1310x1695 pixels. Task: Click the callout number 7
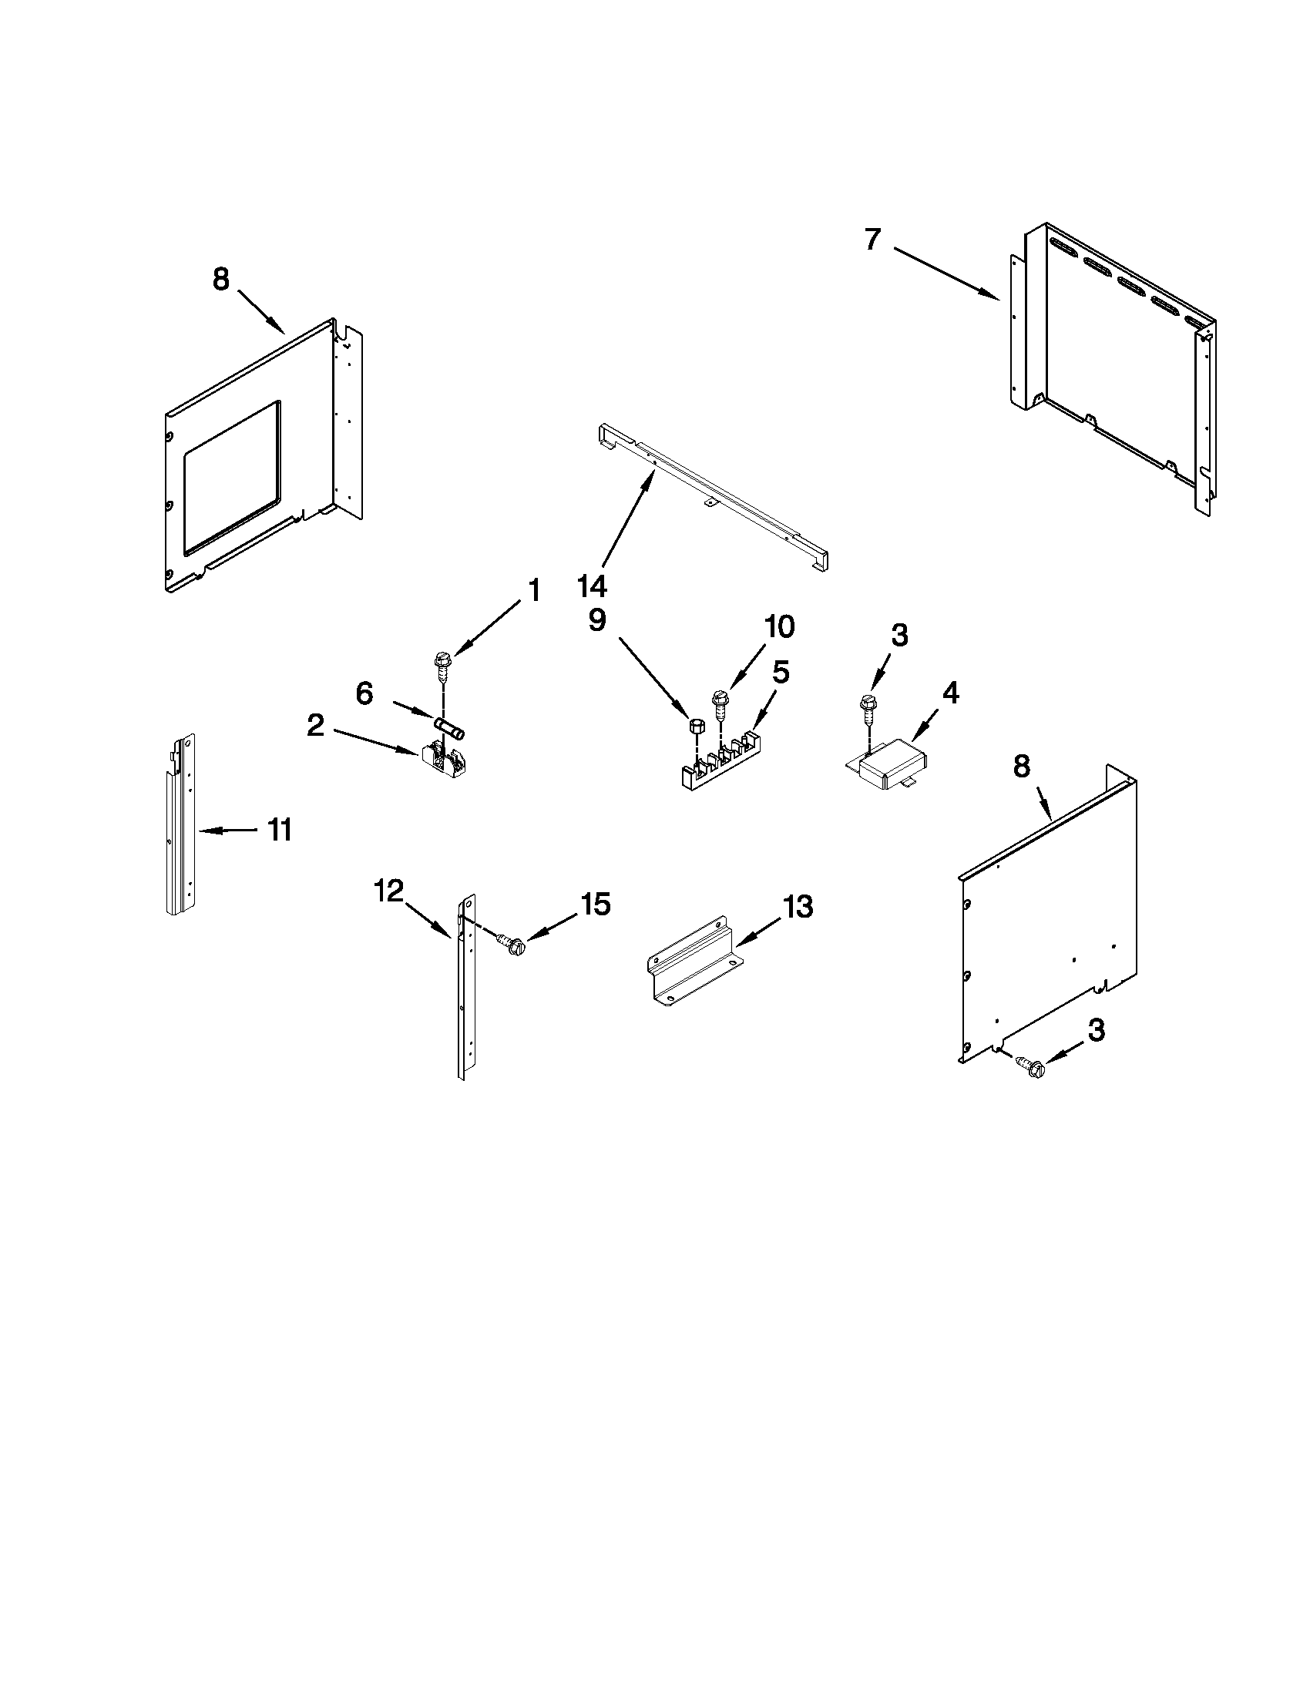(x=872, y=240)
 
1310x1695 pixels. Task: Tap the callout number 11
(x=280, y=830)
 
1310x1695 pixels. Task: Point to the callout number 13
(x=797, y=906)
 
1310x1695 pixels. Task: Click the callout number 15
(x=596, y=904)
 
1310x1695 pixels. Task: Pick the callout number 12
(x=389, y=891)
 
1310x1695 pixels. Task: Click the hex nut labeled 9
(x=696, y=727)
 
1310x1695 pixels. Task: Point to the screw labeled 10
(x=718, y=701)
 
